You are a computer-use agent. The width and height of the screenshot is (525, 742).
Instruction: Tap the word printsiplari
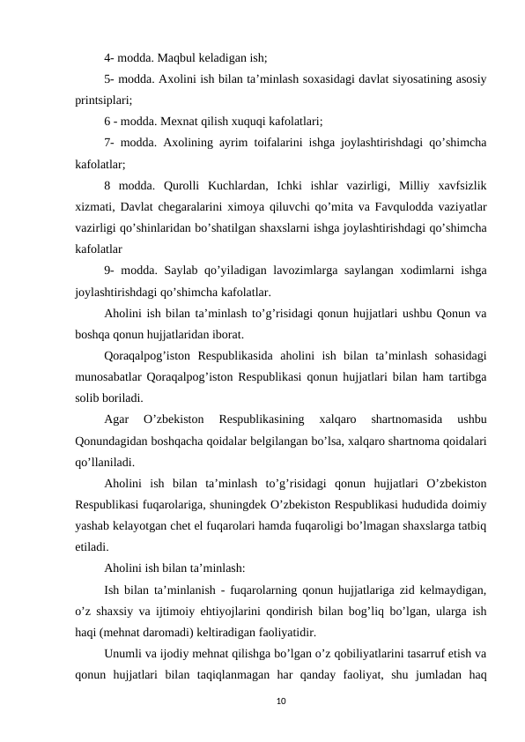point(103,100)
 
